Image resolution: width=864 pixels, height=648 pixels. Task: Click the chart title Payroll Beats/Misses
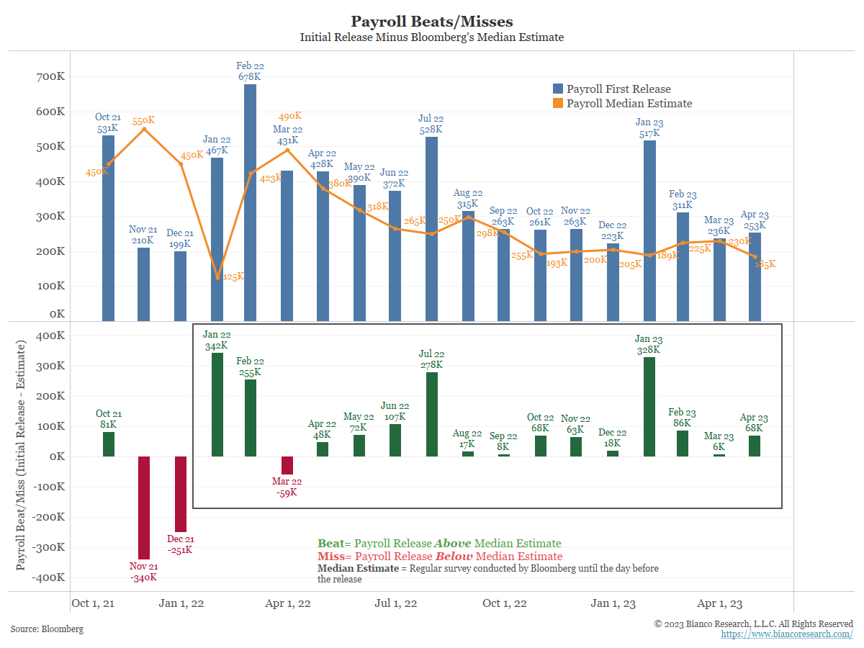click(432, 22)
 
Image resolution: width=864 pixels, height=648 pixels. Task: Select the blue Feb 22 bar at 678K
click(250, 202)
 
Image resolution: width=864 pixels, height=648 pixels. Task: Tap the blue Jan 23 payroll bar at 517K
click(649, 230)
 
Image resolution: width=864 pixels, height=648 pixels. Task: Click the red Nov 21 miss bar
click(144, 508)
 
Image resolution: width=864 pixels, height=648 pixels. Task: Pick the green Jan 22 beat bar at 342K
click(217, 405)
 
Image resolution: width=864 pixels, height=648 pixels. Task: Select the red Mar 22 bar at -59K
click(287, 465)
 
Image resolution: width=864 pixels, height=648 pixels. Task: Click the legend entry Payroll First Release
click(618, 89)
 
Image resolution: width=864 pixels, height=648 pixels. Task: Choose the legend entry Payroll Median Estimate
click(629, 104)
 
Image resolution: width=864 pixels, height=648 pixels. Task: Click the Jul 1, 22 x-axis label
click(396, 603)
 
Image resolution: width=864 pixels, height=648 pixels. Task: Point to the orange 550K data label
click(143, 120)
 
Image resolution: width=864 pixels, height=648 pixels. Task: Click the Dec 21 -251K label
click(180, 544)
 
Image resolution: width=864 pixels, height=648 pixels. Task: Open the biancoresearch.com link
click(787, 634)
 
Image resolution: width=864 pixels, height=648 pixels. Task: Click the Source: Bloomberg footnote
click(47, 629)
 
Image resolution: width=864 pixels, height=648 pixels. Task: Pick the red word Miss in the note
click(330, 557)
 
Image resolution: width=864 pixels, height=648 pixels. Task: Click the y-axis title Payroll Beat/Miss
click(21, 457)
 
